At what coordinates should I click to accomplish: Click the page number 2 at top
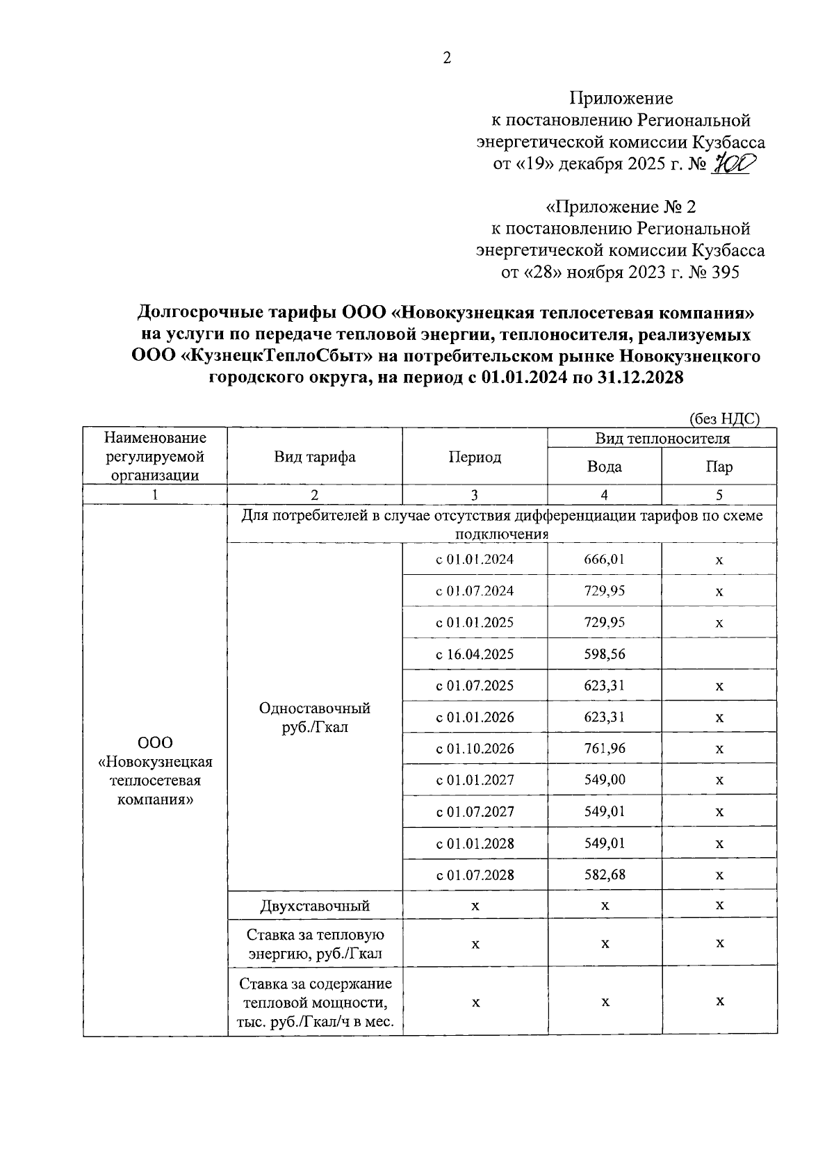(x=447, y=58)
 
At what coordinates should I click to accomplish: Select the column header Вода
(x=604, y=466)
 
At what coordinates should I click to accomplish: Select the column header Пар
(x=719, y=466)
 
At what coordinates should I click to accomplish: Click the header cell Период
(x=475, y=457)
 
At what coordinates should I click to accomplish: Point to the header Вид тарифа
(x=314, y=457)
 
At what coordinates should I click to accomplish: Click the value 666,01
(x=604, y=559)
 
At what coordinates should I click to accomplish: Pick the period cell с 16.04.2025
(x=475, y=654)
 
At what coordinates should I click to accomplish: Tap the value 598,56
(x=604, y=654)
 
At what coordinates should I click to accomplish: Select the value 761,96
(x=604, y=749)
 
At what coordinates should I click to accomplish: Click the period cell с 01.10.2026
(x=475, y=749)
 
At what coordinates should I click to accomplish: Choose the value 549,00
(x=604, y=780)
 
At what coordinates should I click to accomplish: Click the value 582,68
(x=604, y=875)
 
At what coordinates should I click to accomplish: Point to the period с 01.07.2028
(x=475, y=875)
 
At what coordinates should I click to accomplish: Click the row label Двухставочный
(x=314, y=906)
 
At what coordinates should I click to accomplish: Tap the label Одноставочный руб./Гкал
(x=314, y=717)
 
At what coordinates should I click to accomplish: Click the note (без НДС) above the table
(x=724, y=418)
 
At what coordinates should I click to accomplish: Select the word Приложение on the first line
(x=621, y=98)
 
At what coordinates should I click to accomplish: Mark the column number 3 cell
(x=475, y=495)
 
